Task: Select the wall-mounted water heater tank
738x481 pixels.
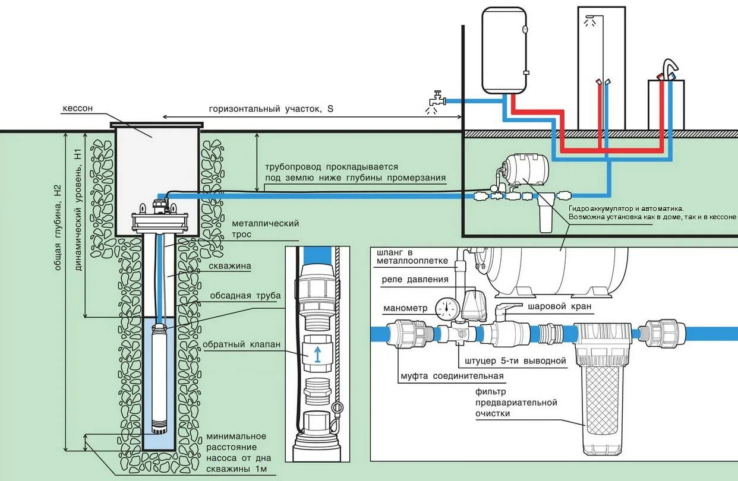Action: tap(504, 50)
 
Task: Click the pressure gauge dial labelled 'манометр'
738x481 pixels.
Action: tap(447, 307)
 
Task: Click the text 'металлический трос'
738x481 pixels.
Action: tap(265, 229)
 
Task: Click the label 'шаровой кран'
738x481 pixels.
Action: tap(559, 306)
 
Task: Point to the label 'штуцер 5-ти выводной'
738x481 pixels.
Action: tap(512, 360)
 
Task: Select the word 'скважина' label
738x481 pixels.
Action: tap(229, 267)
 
